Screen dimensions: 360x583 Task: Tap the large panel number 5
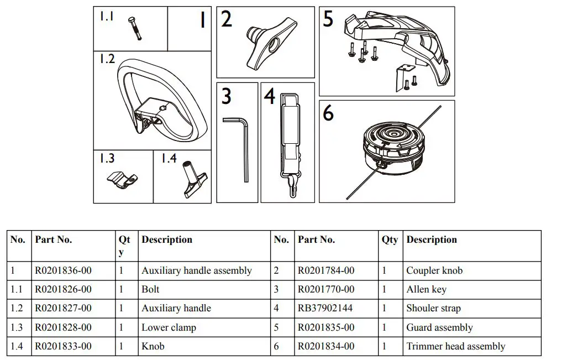pyautogui.click(x=328, y=19)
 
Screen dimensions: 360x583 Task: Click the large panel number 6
pyautogui.click(x=328, y=113)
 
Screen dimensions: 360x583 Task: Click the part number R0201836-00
pyautogui.click(x=63, y=271)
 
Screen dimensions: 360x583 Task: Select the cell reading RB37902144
pyautogui.click(x=326, y=309)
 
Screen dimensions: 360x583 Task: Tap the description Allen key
pyautogui.click(x=426, y=290)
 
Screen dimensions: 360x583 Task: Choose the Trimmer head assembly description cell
pyautogui.click(x=455, y=347)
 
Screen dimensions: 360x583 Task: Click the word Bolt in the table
pyautogui.click(x=150, y=290)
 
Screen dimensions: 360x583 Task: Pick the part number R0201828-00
pyautogui.click(x=63, y=327)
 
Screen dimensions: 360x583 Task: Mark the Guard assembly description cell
pyautogui.click(x=439, y=327)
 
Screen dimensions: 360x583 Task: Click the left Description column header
pyautogui.click(x=167, y=240)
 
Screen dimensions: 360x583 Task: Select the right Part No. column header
pyautogui.click(x=316, y=240)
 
